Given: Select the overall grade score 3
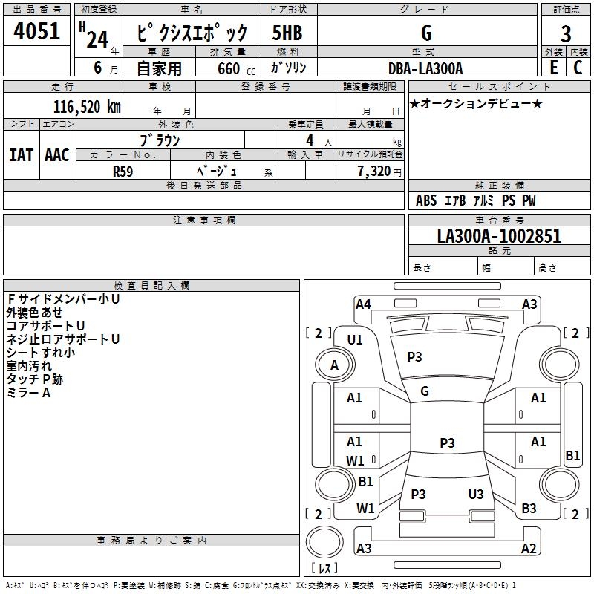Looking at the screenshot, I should pyautogui.click(x=566, y=34).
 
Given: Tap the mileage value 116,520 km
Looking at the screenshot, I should pyautogui.click(x=86, y=106).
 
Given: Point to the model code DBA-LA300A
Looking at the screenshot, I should pyautogui.click(x=425, y=68).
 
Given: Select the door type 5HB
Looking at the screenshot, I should pyautogui.click(x=287, y=34).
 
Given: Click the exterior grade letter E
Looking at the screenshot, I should pyautogui.click(x=553, y=68).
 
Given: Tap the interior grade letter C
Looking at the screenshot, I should pyautogui.click(x=578, y=68).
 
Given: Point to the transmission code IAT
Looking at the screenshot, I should pyautogui.click(x=21, y=155).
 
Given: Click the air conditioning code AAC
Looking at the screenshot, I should pyautogui.click(x=57, y=155).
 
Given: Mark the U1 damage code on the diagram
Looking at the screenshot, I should pyautogui.click(x=355, y=340).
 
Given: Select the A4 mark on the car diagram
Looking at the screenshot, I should pyautogui.click(x=363, y=304).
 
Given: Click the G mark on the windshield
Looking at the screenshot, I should pyautogui.click(x=425, y=391).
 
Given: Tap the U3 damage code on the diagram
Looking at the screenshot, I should pyautogui.click(x=476, y=495).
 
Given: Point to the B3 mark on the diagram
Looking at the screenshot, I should pyautogui.click(x=529, y=509).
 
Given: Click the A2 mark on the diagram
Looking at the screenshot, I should pyautogui.click(x=529, y=549).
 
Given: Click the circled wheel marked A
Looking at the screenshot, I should pyautogui.click(x=334, y=365).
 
